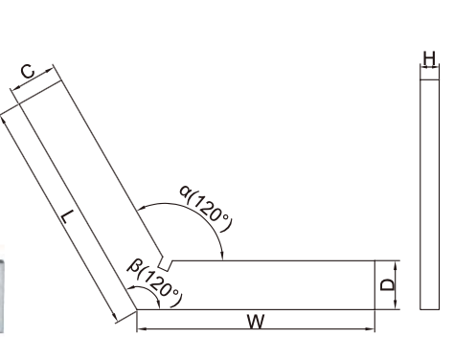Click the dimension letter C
28,72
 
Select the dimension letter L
68,216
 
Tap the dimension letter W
256,322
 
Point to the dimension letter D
388,284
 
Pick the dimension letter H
429,59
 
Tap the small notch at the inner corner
165,264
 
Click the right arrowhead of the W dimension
372,328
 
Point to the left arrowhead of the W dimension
141,328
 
